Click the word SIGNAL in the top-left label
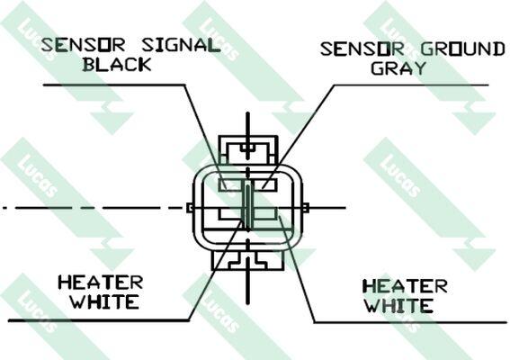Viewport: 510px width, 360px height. (x=181, y=45)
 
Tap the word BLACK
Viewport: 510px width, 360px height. (x=117, y=64)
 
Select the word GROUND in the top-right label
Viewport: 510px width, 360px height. (x=463, y=49)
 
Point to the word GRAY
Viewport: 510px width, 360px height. (x=398, y=68)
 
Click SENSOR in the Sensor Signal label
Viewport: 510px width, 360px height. (x=83, y=45)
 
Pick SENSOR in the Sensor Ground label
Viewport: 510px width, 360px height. (x=362, y=49)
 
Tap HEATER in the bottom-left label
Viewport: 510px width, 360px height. (x=101, y=283)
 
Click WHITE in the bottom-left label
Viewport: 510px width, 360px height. (x=105, y=301)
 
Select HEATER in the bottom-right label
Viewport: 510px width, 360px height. (x=406, y=286)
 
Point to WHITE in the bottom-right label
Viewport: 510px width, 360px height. (x=398, y=306)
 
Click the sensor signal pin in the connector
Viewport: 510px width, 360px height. (x=229, y=184)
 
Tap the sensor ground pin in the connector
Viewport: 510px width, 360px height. (x=265, y=184)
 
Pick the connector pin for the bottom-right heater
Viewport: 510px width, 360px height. (x=265, y=213)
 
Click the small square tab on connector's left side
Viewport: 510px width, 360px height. (x=190, y=208)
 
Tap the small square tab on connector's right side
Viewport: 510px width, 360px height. (x=306, y=208)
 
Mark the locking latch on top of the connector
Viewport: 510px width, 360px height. (x=248, y=150)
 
